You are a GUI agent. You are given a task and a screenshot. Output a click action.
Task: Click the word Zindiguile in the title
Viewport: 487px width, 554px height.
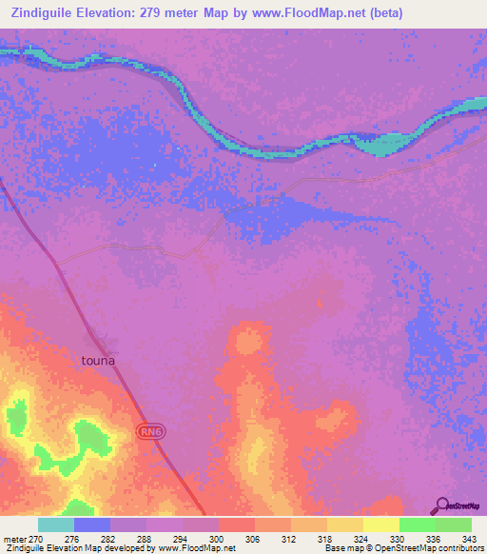pyautogui.click(x=40, y=13)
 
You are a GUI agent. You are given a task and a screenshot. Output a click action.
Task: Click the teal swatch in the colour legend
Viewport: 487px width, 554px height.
pyautogui.click(x=56, y=524)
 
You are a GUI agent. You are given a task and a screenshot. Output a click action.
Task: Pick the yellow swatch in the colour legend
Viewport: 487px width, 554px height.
pyautogui.click(x=381, y=524)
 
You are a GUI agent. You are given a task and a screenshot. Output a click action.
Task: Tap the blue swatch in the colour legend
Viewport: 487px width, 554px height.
pyautogui.click(x=92, y=524)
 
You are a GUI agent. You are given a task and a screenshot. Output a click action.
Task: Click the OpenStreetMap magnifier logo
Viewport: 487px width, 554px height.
pyautogui.click(x=441, y=505)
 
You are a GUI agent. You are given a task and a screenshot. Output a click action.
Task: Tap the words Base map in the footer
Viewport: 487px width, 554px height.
pyautogui.click(x=341, y=548)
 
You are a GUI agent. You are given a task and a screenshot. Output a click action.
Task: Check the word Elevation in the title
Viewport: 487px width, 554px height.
pyautogui.click(x=106, y=13)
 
